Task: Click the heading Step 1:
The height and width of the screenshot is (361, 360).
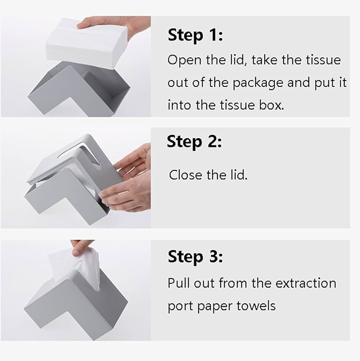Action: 195,35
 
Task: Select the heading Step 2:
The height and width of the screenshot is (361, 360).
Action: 194,142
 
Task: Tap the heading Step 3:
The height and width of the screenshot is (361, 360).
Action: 195,257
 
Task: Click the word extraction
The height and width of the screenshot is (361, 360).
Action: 306,283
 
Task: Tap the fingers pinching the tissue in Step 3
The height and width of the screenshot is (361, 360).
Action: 82,247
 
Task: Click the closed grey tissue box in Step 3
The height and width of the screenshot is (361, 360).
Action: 76,306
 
